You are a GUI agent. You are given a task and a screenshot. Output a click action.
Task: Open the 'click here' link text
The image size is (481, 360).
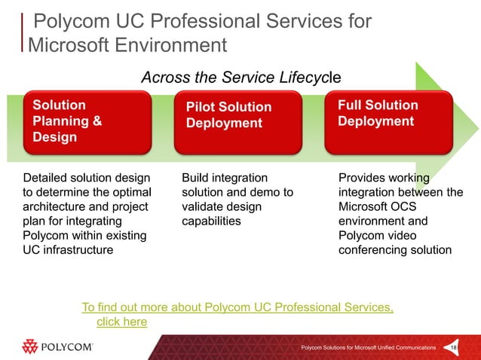pos(122,322)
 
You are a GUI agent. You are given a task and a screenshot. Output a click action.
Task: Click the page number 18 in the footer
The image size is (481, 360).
pos(453,347)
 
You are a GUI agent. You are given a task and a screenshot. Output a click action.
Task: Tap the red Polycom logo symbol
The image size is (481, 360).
pos(31,346)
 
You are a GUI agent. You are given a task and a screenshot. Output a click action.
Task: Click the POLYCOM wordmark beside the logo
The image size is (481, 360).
pos(68,347)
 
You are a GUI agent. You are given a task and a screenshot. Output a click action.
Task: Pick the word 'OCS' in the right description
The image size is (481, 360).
pos(407,207)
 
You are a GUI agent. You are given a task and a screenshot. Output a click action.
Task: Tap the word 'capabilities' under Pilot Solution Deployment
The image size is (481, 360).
pos(211,221)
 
